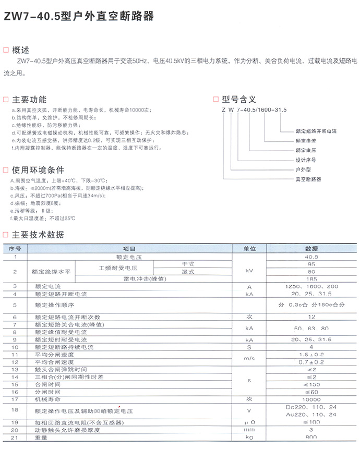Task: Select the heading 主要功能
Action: [x=29, y=100]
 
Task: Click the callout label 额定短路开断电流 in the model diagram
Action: [x=316, y=131]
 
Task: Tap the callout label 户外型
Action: [x=303, y=169]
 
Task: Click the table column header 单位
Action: [x=249, y=249]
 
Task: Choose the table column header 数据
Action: [x=311, y=249]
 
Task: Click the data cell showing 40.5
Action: [x=311, y=257]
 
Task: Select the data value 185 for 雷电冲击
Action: [x=311, y=279]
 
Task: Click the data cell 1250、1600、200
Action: [x=311, y=287]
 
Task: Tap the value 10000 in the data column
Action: [x=311, y=399]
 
